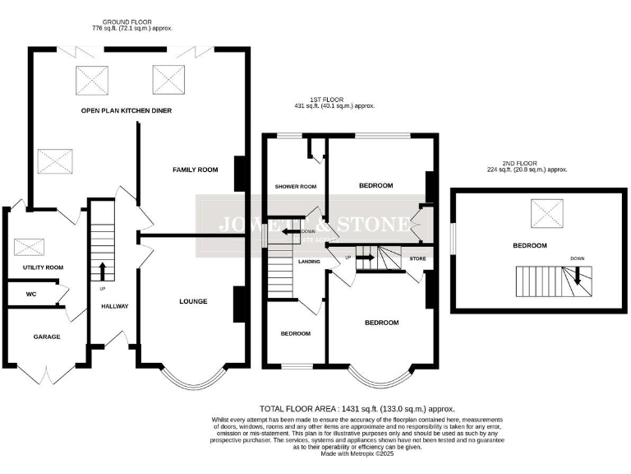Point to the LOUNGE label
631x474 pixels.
pos(193,301)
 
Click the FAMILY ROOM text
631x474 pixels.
pos(195,170)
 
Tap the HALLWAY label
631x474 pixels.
pos(114,306)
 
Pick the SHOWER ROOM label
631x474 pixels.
pos(295,187)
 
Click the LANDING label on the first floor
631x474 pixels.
pos(309,262)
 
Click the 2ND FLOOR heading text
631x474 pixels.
pos(527,165)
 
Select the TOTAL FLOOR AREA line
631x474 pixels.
pos(357,409)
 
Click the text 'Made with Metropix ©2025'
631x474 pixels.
pos(357,453)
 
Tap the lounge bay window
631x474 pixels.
pos(192,379)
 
